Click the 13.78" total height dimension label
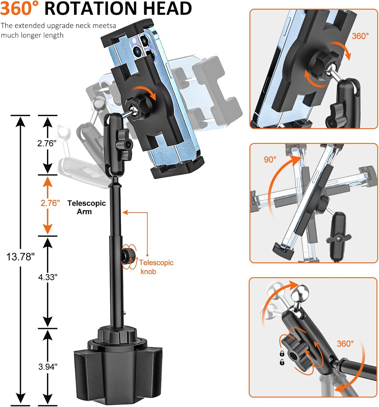tap(20, 256)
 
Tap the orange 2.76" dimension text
tap(50, 203)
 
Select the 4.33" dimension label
tap(48, 277)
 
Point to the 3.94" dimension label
tap(48, 367)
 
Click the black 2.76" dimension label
tap(47, 143)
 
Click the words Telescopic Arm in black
tap(86, 207)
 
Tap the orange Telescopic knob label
tap(156, 267)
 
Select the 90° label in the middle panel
tap(270, 160)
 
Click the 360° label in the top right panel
tap(360, 36)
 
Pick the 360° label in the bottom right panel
tap(345, 344)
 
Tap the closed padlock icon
tap(282, 353)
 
